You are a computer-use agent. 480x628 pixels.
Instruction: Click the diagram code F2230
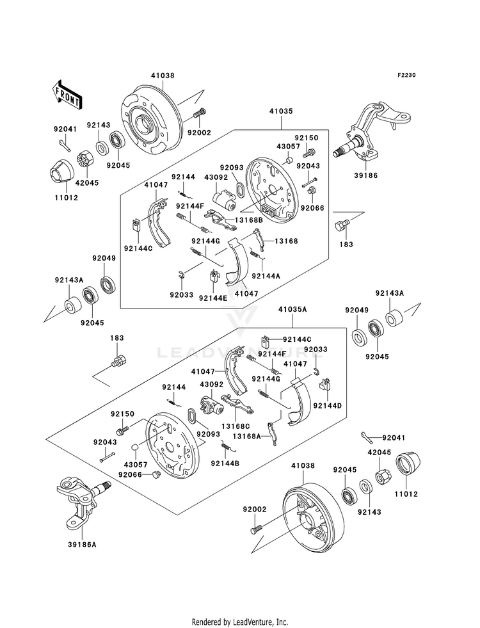[x=406, y=75]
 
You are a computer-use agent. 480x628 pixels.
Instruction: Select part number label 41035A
[x=292, y=309]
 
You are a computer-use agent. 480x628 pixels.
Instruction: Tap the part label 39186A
[x=82, y=545]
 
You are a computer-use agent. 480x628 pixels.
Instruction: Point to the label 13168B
[x=248, y=220]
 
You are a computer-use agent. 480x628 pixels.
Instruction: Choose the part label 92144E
[x=212, y=298]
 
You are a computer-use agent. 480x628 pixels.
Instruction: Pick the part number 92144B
[x=225, y=463]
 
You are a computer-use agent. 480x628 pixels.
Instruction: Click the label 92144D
[x=328, y=406]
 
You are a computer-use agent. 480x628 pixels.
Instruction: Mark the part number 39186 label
[x=365, y=175]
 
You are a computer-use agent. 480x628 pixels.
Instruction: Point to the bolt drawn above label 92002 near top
[x=199, y=113]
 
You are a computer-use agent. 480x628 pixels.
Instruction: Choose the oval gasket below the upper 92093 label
[x=240, y=189]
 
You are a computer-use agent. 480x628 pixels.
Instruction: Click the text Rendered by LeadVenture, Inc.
[x=240, y=622]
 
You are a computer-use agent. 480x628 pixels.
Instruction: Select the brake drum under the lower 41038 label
[x=313, y=515]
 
